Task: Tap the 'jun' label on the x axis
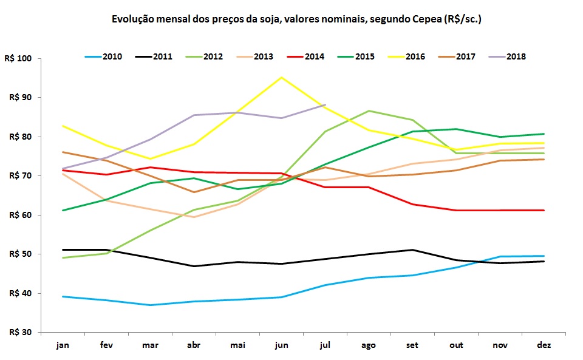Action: (282, 345)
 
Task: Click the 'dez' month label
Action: (544, 345)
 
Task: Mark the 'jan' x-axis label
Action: (63, 345)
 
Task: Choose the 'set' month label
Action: (413, 345)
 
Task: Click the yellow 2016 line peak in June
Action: (282, 77)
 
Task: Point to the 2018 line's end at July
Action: (326, 105)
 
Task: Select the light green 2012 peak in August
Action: (369, 111)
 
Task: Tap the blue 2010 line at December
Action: (544, 256)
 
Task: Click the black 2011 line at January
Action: (63, 250)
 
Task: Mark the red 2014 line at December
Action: (544, 210)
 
